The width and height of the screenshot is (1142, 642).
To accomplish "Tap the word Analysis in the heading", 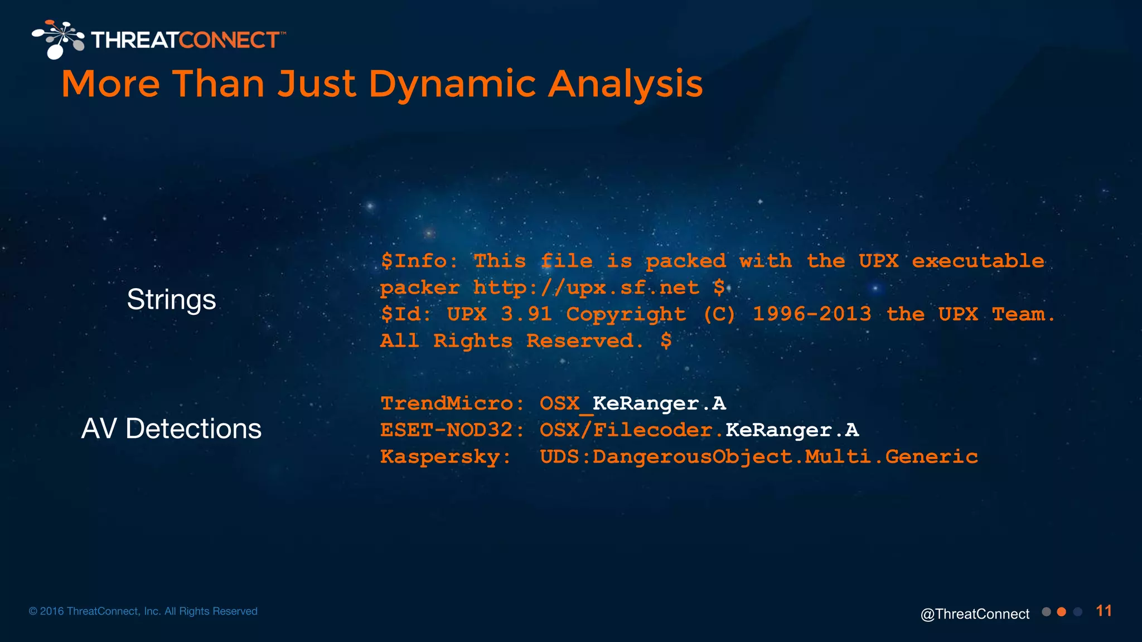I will click(x=625, y=84).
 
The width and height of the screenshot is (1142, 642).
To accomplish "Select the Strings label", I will click(x=171, y=300).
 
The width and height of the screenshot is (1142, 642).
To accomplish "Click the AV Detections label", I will click(x=171, y=429).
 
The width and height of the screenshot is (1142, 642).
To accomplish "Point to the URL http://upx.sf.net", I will click(x=585, y=288).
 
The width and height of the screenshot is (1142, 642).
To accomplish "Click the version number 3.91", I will click(x=526, y=314).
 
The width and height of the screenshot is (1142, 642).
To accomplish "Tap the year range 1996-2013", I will click(x=811, y=314).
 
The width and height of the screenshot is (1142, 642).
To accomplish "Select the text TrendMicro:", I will click(x=452, y=403).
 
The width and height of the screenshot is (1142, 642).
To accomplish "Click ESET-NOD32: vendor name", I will click(x=452, y=430).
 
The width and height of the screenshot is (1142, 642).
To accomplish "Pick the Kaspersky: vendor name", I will click(x=445, y=457).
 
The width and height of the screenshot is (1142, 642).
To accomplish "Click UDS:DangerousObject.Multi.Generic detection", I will click(x=758, y=457).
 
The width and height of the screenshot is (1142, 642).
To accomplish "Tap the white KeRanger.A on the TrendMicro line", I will click(x=659, y=403).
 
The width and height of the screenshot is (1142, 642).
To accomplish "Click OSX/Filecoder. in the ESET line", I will click(x=631, y=430).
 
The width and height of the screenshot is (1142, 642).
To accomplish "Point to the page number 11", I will click(x=1104, y=611).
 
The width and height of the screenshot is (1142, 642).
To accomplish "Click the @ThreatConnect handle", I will click(x=975, y=614).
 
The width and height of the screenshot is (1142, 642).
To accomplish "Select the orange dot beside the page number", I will click(x=1062, y=612).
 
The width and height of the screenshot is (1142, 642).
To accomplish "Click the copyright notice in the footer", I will click(x=143, y=611).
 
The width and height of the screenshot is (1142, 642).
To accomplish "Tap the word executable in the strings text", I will click(x=978, y=261).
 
